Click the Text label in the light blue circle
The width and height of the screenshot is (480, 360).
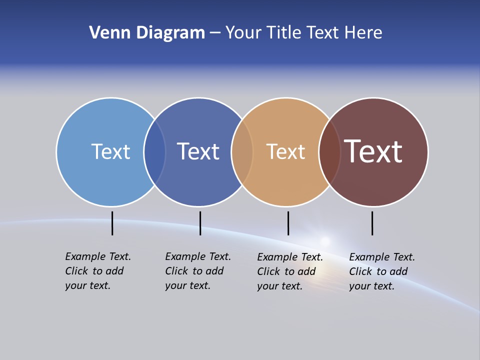pos(110,151)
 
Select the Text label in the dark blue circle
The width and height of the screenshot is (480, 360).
pos(198,151)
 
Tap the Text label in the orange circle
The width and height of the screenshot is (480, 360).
pos(285,151)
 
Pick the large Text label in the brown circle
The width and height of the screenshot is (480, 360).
pos(373,151)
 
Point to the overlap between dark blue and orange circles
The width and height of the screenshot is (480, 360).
pos(242,151)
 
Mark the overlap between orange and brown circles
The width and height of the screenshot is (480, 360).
pos(329,151)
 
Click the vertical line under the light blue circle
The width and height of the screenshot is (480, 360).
pos(112,223)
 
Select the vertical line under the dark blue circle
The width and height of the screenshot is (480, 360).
pos(200,223)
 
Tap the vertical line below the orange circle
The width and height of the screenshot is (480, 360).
pos(288,223)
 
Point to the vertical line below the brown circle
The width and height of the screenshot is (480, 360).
pos(372,223)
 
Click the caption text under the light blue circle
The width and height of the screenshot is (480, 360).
pos(98,271)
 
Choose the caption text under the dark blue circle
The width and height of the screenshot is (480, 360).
pos(198,271)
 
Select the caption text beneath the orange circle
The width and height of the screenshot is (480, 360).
pos(290,271)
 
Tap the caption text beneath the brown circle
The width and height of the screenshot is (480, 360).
pos(382,271)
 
